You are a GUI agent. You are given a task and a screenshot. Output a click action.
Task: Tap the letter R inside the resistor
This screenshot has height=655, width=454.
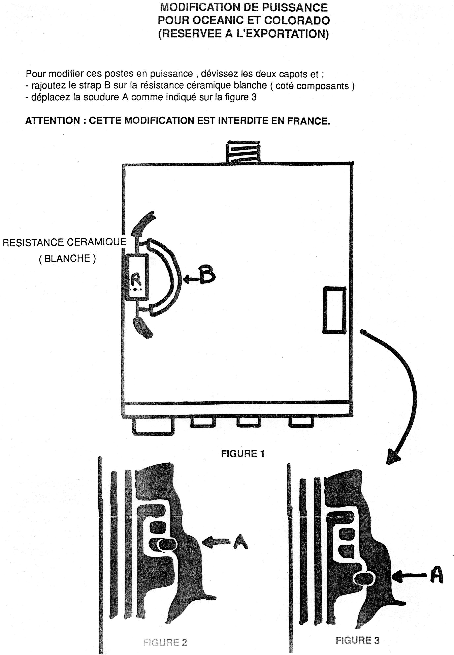[x=136, y=280]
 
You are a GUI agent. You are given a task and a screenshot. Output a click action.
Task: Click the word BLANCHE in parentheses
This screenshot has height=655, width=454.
[x=67, y=258]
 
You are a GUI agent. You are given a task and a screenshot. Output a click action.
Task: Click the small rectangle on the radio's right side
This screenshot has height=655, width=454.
[x=334, y=310]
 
